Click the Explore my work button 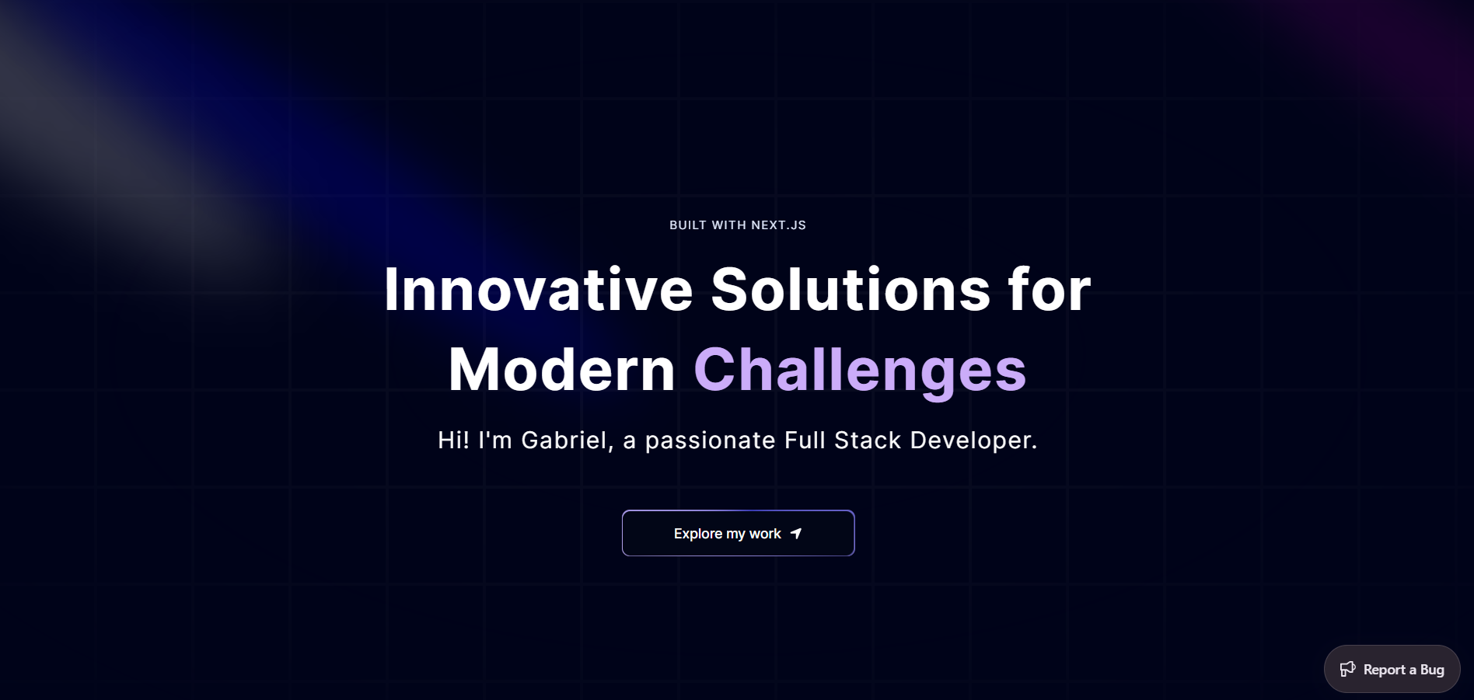coord(738,533)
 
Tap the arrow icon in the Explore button coord(795,534)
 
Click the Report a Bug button coord(1392,669)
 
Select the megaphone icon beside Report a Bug coord(1347,669)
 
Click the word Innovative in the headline coord(538,290)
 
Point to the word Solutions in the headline coord(851,290)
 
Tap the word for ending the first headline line coord(1050,290)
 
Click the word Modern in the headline coord(562,370)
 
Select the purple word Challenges coord(860,372)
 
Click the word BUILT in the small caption coord(688,225)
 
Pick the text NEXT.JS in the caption coord(778,225)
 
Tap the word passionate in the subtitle coord(711,441)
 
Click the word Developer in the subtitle coord(973,441)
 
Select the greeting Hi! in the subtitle coord(453,441)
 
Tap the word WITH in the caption coord(729,225)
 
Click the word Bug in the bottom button coord(1432,670)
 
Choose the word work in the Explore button coord(765,534)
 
